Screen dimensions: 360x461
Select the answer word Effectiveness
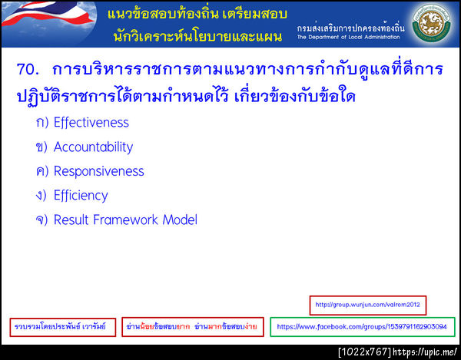pos(91,123)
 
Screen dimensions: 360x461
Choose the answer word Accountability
pos(93,147)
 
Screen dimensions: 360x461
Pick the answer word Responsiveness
pos(98,171)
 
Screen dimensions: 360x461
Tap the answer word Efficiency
pos(81,196)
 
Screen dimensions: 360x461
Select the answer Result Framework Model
pos(125,220)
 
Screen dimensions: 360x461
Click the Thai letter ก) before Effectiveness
pos(41,123)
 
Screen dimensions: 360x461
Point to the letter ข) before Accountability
pos(41,147)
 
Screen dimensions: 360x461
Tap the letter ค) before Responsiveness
pos(41,171)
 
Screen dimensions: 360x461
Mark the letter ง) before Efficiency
pos(41,196)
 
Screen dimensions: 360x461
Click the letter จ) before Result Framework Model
pos(41,220)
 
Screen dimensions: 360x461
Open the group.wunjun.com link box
pos(367,305)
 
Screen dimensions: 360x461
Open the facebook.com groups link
pos(361,327)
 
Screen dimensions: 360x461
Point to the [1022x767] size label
pos(364,352)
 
